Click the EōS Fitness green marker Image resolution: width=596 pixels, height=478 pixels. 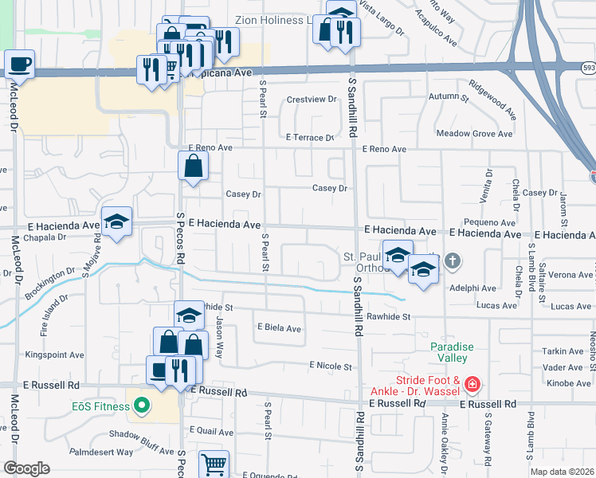tap(143, 407)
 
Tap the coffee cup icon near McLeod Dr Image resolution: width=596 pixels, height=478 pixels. tap(20, 64)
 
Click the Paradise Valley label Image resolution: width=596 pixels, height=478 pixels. tap(453, 352)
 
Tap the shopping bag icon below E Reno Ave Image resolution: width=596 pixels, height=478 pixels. tap(193, 167)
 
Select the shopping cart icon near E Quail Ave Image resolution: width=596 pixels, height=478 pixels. tap(214, 464)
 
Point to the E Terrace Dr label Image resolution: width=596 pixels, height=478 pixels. tap(309, 138)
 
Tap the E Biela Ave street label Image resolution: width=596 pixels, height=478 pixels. tap(279, 328)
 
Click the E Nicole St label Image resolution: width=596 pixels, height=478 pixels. tap(331, 366)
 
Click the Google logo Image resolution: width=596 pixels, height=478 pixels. tap(26, 468)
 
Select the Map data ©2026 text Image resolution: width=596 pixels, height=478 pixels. tap(562, 472)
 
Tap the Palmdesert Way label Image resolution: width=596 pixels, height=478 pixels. tap(100, 452)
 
